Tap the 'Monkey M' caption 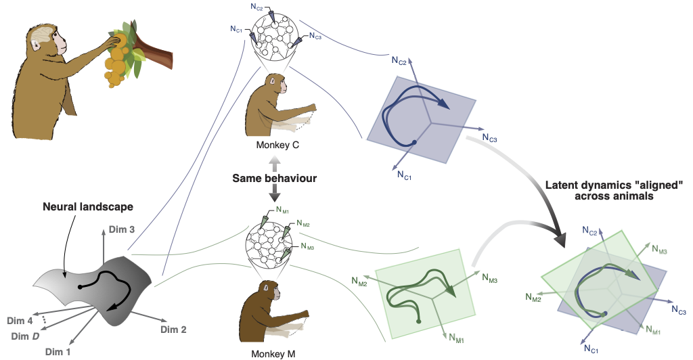[273, 353]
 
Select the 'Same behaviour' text [273, 178]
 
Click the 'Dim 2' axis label [173, 330]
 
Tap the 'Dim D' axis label [26, 336]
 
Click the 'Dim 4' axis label [22, 320]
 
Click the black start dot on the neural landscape [81, 287]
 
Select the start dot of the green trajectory [419, 321]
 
